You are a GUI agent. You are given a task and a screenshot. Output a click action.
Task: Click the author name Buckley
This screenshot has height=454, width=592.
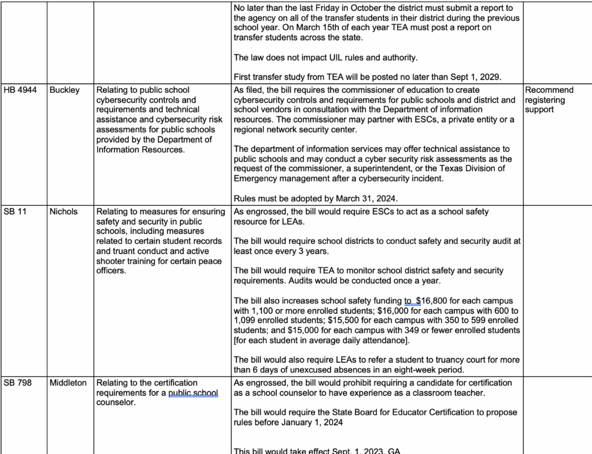point(64,90)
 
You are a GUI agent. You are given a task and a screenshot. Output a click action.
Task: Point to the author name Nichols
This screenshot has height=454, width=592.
point(63,212)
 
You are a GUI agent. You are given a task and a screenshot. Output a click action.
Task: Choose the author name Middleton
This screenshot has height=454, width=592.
point(68,383)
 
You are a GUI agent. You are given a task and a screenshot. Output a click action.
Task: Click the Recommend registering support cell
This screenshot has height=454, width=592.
point(549,100)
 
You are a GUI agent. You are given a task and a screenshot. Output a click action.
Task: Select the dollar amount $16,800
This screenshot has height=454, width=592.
point(433,301)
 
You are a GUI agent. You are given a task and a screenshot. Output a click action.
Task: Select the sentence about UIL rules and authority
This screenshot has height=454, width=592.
point(326,58)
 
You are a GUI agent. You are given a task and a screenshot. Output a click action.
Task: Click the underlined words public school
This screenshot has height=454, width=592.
point(193,393)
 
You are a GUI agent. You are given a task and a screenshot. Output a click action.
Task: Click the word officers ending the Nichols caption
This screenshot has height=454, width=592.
point(111,270)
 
